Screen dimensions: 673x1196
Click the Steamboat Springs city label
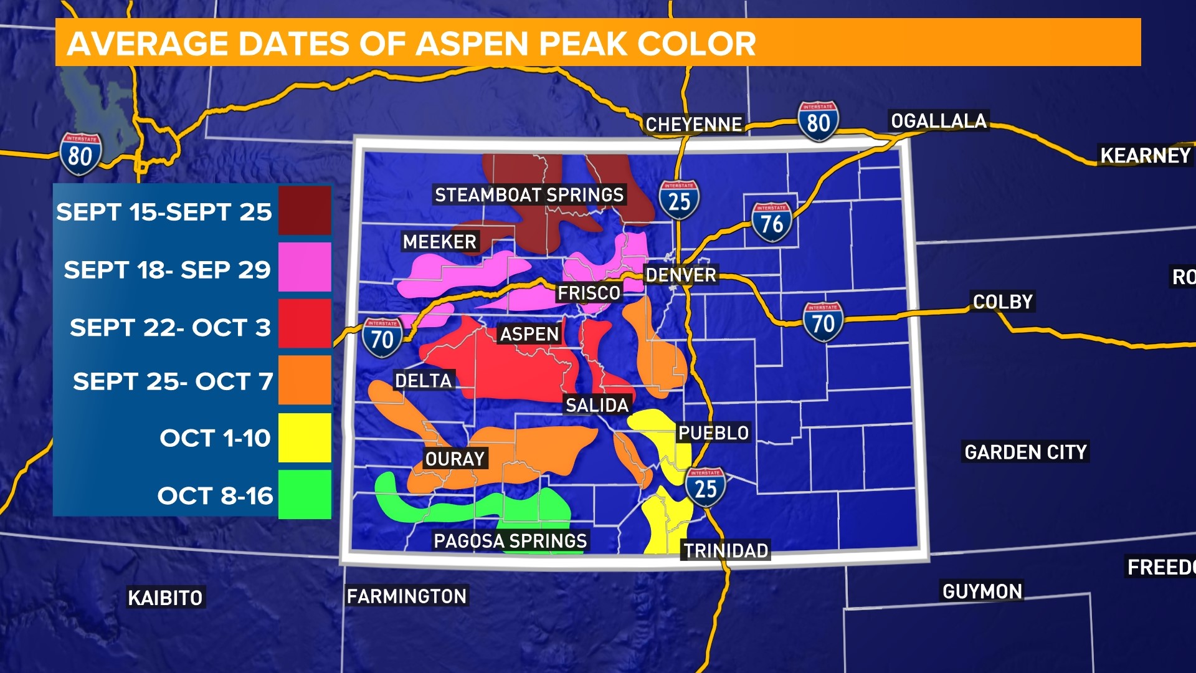click(529, 195)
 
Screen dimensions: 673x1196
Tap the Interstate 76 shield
click(771, 222)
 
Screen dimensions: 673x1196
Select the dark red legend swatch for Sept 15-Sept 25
click(305, 211)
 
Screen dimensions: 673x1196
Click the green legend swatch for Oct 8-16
click(305, 495)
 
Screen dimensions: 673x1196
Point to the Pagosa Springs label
click(510, 540)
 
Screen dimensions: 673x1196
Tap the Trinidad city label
click(726, 551)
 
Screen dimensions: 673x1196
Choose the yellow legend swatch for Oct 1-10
click(305, 438)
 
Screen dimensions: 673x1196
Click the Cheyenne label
click(693, 125)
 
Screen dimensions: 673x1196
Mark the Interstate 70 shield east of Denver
click(823, 322)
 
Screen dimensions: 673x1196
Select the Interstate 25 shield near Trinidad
click(705, 487)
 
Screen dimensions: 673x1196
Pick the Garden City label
click(1025, 452)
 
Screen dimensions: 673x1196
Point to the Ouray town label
click(455, 459)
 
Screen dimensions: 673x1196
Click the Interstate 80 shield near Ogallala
click(818, 122)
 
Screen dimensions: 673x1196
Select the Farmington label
click(406, 596)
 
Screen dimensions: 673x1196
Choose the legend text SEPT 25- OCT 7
click(173, 381)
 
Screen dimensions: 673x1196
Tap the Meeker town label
click(439, 242)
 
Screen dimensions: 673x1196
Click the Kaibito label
click(165, 598)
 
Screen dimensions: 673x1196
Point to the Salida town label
click(597, 406)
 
